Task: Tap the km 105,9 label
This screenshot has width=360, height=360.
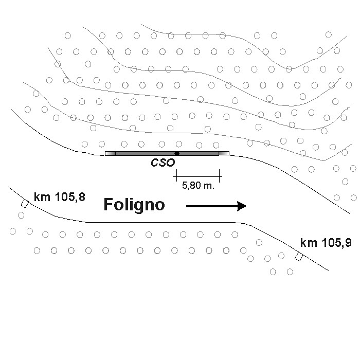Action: pos(326,243)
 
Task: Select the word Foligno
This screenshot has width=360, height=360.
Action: pos(134,205)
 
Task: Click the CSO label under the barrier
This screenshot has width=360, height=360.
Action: pos(163,163)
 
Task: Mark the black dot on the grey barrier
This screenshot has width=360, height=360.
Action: pos(177,153)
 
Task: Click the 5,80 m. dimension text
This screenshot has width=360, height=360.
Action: pos(198,186)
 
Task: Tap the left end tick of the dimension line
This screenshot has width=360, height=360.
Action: pos(176,176)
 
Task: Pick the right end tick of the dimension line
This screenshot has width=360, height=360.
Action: pos(220,176)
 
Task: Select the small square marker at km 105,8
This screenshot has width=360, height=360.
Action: pos(24,204)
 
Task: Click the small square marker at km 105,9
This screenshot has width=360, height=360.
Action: pos(298,257)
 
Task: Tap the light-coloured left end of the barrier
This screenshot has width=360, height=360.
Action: pos(110,153)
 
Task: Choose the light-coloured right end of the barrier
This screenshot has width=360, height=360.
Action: pos(224,153)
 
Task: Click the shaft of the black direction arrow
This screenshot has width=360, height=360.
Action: pos(211,206)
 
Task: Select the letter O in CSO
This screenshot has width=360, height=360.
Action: pos(171,163)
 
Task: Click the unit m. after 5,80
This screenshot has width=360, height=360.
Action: pos(208,186)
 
